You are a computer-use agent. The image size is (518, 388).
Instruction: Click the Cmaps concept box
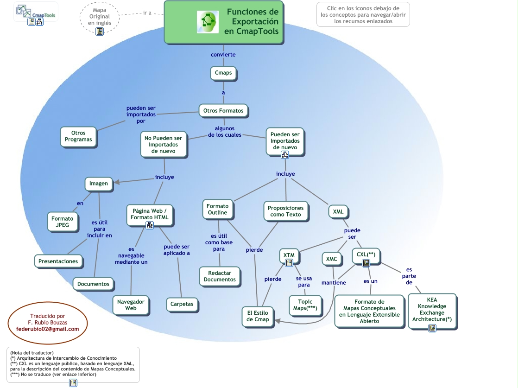(x=223, y=73)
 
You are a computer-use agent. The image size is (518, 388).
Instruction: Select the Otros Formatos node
(x=223, y=111)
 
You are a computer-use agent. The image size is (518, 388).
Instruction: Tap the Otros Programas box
(x=78, y=136)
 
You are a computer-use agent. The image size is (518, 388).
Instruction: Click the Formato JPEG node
(x=63, y=222)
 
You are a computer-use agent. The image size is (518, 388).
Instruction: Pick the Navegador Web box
(x=131, y=305)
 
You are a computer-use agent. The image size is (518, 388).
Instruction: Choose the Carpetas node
(x=182, y=304)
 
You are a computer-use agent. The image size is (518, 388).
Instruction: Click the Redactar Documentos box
(x=220, y=276)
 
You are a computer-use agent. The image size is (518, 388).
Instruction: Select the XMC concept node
(x=331, y=259)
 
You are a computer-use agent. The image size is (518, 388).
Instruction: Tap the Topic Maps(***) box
(x=305, y=305)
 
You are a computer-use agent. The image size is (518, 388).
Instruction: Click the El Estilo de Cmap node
(x=258, y=316)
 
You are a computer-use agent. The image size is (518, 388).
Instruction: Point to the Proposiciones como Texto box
(x=285, y=211)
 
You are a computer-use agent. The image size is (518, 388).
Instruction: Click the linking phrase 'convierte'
(x=223, y=55)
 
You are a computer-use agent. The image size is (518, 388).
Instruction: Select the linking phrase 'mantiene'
(x=334, y=283)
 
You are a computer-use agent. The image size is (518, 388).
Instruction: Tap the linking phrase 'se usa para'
(x=304, y=281)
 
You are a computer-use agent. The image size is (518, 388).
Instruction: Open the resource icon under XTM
(x=289, y=263)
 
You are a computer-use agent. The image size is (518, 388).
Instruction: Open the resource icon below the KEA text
(x=432, y=328)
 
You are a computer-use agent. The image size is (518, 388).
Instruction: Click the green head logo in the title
(x=207, y=22)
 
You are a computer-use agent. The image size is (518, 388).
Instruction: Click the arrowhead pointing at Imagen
(x=117, y=183)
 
